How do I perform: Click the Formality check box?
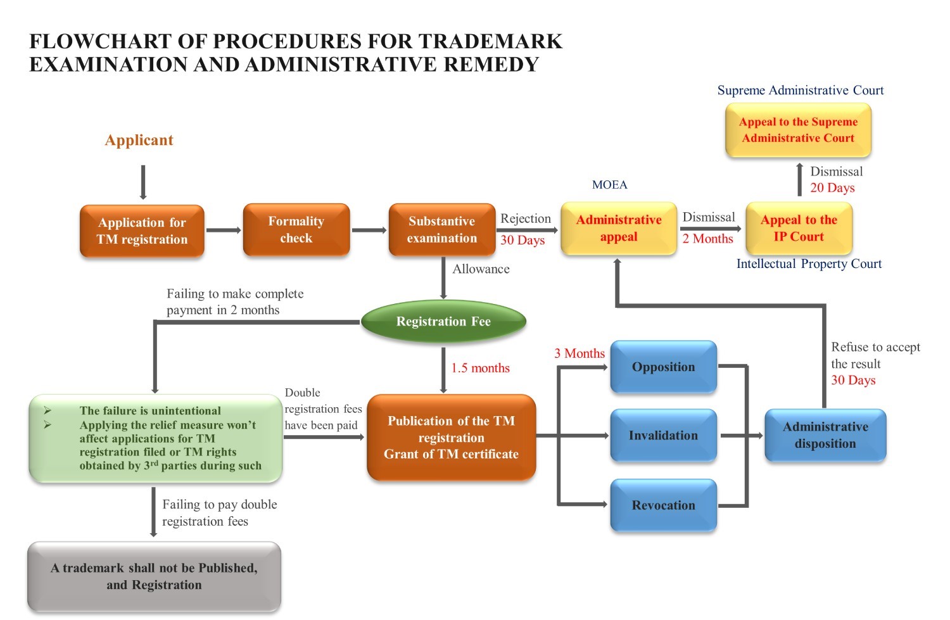point(296,229)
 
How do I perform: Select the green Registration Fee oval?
point(443,322)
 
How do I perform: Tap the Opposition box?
point(663,367)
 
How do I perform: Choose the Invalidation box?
point(663,436)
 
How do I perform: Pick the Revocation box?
point(663,505)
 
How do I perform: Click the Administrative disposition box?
point(825,435)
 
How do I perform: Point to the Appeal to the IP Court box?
point(799,228)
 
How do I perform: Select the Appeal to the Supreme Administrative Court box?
point(798,130)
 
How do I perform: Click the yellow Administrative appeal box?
point(619,228)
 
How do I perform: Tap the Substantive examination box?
point(442,229)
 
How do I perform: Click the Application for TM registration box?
point(142,231)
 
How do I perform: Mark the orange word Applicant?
point(139,140)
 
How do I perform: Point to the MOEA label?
point(609,185)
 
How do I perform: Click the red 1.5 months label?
point(480,368)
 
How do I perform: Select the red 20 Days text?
point(832,188)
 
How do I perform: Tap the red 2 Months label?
point(707,239)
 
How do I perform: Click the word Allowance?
point(481,269)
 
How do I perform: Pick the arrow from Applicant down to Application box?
point(143,182)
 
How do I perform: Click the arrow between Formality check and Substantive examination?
point(369,230)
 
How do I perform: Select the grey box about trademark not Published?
point(154,576)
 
